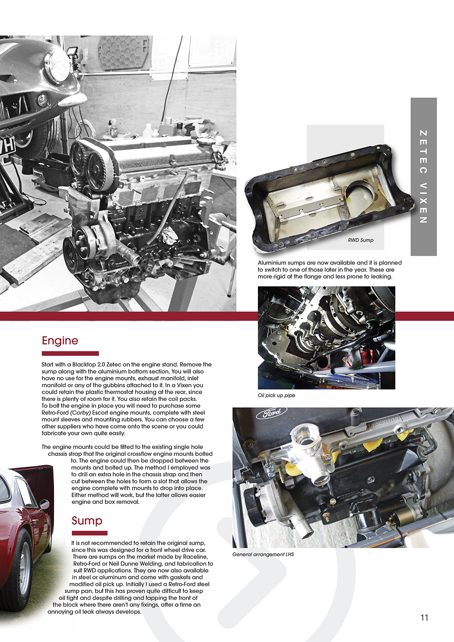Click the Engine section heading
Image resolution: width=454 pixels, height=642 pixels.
point(60,341)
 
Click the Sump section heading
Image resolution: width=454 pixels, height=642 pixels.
point(87,520)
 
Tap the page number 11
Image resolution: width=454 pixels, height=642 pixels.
point(424,617)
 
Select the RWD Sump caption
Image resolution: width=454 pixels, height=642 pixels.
point(360,240)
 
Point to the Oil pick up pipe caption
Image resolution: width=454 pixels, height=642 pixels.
point(276,395)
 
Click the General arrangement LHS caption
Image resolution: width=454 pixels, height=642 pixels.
point(263,554)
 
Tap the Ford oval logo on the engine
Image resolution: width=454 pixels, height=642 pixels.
point(268,413)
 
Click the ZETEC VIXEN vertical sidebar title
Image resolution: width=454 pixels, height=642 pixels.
point(423,177)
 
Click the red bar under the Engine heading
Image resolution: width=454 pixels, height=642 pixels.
point(70,353)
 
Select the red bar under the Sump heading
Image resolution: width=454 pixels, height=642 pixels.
point(89,533)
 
